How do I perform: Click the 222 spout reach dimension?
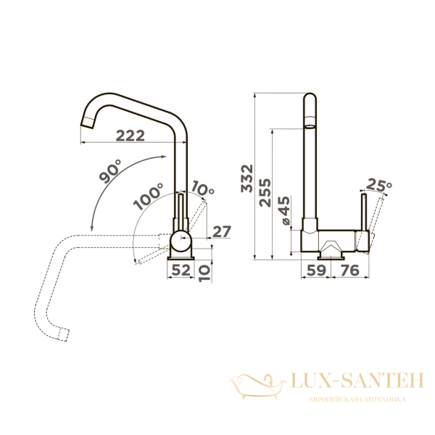click(x=130, y=136)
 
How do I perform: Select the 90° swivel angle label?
click(x=110, y=171)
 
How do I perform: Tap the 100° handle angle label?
click(x=148, y=196)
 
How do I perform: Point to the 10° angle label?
click(x=203, y=188)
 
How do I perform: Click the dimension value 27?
click(x=222, y=232)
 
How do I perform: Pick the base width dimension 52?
click(x=181, y=270)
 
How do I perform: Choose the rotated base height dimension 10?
click(x=204, y=273)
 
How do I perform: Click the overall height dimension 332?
click(x=247, y=178)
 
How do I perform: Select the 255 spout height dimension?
click(x=265, y=193)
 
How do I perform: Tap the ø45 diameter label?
click(x=283, y=210)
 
